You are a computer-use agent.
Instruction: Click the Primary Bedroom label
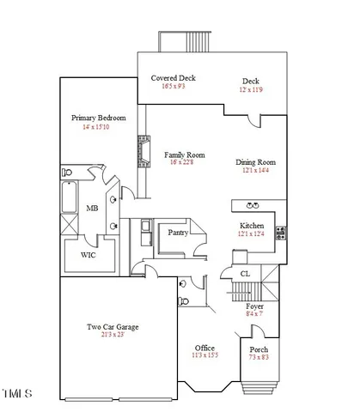[x=99, y=118]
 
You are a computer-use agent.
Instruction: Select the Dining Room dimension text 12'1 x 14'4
[x=255, y=171]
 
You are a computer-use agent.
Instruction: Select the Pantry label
[x=178, y=232]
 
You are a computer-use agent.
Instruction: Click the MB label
[x=91, y=209]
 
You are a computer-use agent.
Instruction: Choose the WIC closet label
[x=88, y=255]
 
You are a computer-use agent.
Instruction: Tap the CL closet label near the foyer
[x=245, y=274]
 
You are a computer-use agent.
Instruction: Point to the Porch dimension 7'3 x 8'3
[x=259, y=358]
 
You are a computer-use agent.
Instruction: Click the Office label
[x=205, y=347]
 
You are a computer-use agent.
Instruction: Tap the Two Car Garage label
[x=113, y=326]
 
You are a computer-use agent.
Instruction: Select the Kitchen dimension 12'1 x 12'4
[x=255, y=233]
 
